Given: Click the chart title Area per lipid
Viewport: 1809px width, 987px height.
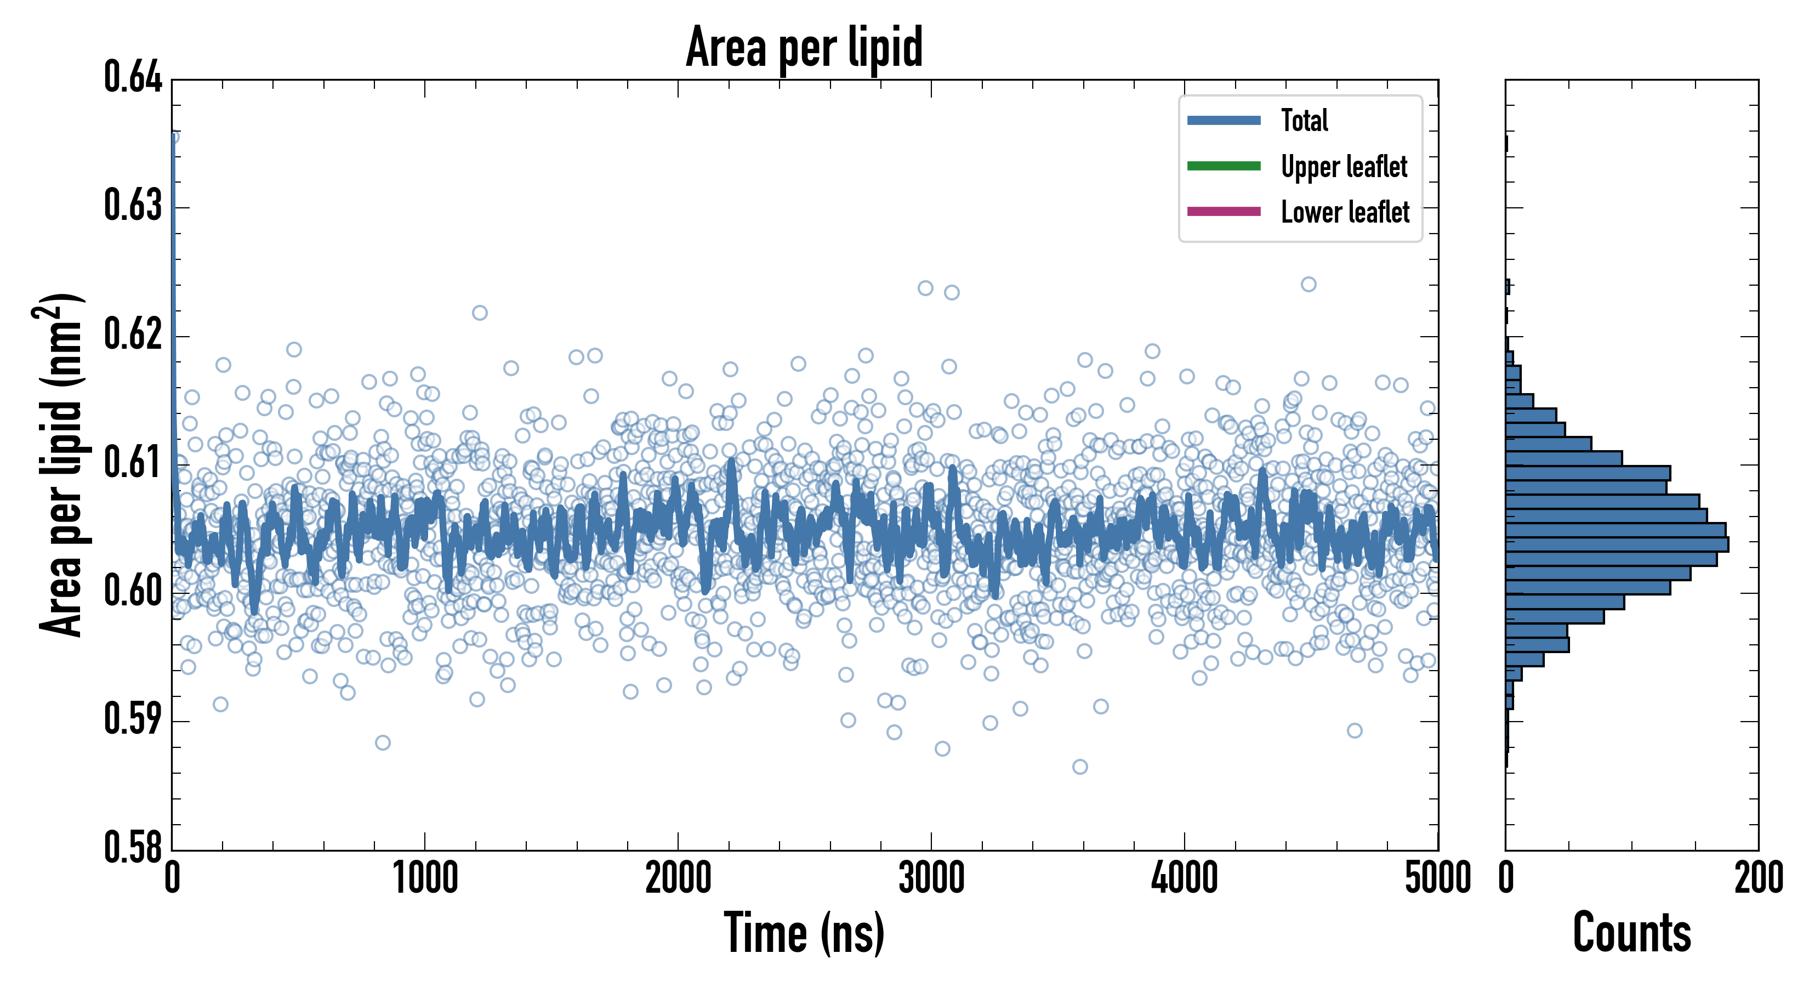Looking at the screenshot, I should tap(804, 47).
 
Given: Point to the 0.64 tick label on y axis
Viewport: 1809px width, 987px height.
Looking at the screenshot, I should tap(133, 77).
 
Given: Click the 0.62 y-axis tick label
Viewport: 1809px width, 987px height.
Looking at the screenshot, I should tap(133, 334).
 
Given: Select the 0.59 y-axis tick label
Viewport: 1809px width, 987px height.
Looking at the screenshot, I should tap(133, 719).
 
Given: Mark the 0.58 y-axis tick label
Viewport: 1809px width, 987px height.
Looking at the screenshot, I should tap(133, 847).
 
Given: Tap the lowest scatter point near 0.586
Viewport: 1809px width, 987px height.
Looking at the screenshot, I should tap(1080, 767).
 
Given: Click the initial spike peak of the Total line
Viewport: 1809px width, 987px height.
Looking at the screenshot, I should tap(173, 137).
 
